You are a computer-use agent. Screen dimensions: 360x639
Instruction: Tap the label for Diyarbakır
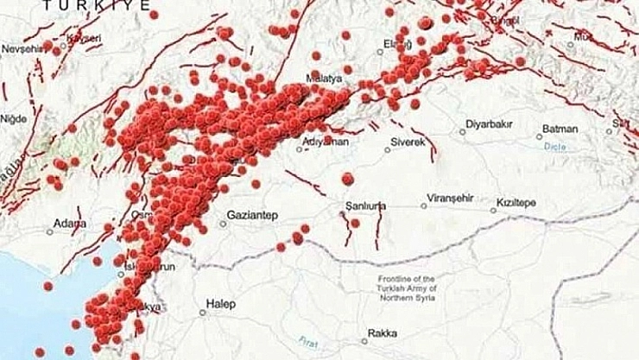click(x=489, y=124)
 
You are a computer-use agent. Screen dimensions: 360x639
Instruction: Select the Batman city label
click(x=560, y=129)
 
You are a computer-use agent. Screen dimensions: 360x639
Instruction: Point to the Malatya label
click(x=324, y=79)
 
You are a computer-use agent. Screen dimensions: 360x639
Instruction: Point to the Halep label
click(x=220, y=305)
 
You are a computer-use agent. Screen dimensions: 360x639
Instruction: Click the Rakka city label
click(x=382, y=332)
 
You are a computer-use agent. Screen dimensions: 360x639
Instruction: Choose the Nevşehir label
click(x=21, y=48)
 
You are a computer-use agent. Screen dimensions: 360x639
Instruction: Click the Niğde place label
click(x=14, y=118)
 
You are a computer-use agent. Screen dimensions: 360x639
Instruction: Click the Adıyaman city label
click(x=326, y=141)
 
